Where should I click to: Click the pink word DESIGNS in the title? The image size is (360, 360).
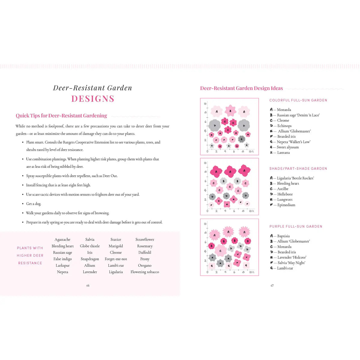click(x=93, y=99)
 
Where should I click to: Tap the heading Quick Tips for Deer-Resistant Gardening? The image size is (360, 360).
click(x=61, y=116)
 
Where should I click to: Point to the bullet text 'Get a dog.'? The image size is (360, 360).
click(x=33, y=204)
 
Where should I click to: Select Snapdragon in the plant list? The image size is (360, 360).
click(x=90, y=259)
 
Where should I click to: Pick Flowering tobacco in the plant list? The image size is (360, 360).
click(x=145, y=272)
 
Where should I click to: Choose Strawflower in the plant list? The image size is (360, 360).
click(x=145, y=239)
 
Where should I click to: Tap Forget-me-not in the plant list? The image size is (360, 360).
click(x=116, y=259)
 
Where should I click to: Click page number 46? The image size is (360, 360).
click(x=88, y=286)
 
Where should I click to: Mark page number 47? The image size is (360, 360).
click(x=272, y=286)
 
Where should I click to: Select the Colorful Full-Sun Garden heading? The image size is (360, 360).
click(x=298, y=100)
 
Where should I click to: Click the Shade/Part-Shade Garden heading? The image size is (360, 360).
click(x=298, y=169)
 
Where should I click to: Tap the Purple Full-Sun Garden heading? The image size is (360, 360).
click(x=296, y=226)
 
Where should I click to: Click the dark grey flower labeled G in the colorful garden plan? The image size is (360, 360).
click(x=241, y=139)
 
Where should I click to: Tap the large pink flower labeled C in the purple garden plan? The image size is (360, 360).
click(x=220, y=251)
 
